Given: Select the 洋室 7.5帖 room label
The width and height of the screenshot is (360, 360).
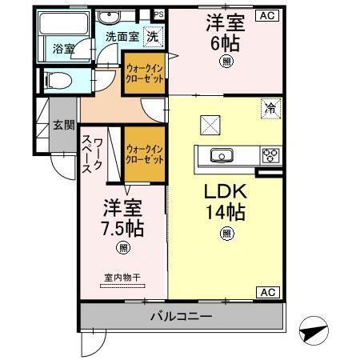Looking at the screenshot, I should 122,218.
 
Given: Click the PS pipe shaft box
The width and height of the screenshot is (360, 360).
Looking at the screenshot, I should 158,14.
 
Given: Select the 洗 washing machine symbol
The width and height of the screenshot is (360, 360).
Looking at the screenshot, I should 152,35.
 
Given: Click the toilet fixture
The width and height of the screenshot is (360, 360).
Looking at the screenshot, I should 58,79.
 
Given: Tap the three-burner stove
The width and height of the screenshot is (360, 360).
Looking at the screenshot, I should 270,155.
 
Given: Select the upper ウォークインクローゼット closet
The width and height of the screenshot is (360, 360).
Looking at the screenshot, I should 144,74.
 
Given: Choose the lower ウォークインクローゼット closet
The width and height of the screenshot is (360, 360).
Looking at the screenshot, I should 145,154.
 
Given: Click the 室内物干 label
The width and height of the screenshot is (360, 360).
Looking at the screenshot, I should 122,279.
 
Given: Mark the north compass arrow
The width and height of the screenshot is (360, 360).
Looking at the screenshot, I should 312,330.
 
